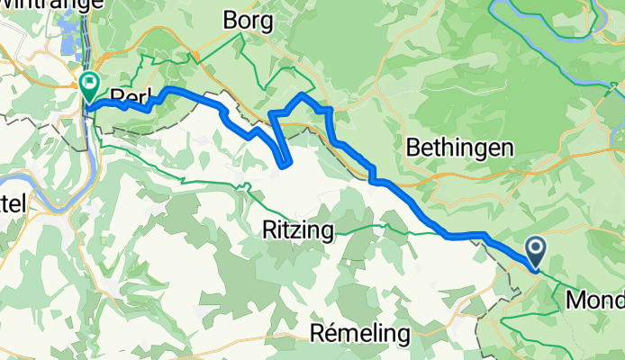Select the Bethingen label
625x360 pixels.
tap(460, 148)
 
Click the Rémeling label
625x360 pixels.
tap(359, 334)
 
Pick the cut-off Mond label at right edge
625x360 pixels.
tap(594, 299)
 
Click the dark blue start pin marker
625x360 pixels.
tap(535, 251)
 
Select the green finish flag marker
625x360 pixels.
tap(90, 86)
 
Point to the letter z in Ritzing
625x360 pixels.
tap(303, 230)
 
